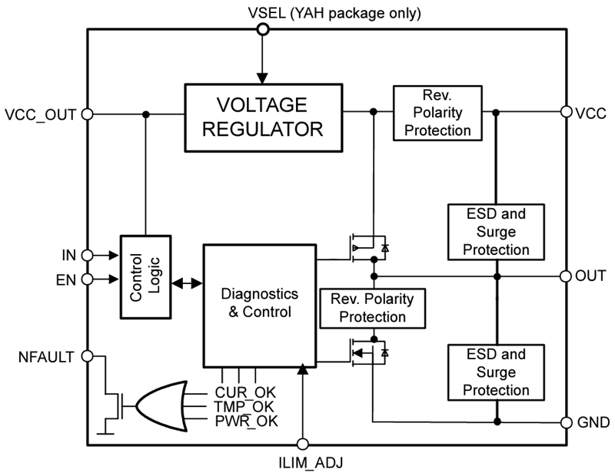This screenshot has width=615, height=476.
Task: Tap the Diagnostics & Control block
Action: tap(259, 304)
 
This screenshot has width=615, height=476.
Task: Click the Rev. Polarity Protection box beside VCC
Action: tap(437, 113)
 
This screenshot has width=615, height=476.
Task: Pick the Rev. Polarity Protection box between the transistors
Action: tap(371, 307)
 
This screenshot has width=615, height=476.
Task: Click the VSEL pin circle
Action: tap(263, 29)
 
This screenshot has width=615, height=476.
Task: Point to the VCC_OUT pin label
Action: tap(40, 114)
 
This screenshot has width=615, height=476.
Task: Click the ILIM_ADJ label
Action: tap(303, 462)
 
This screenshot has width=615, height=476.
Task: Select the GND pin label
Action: tap(594, 421)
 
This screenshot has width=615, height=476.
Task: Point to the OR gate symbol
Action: tap(163, 405)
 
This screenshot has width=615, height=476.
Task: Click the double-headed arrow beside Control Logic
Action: tap(184, 283)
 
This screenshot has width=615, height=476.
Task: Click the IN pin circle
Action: tap(88, 254)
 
